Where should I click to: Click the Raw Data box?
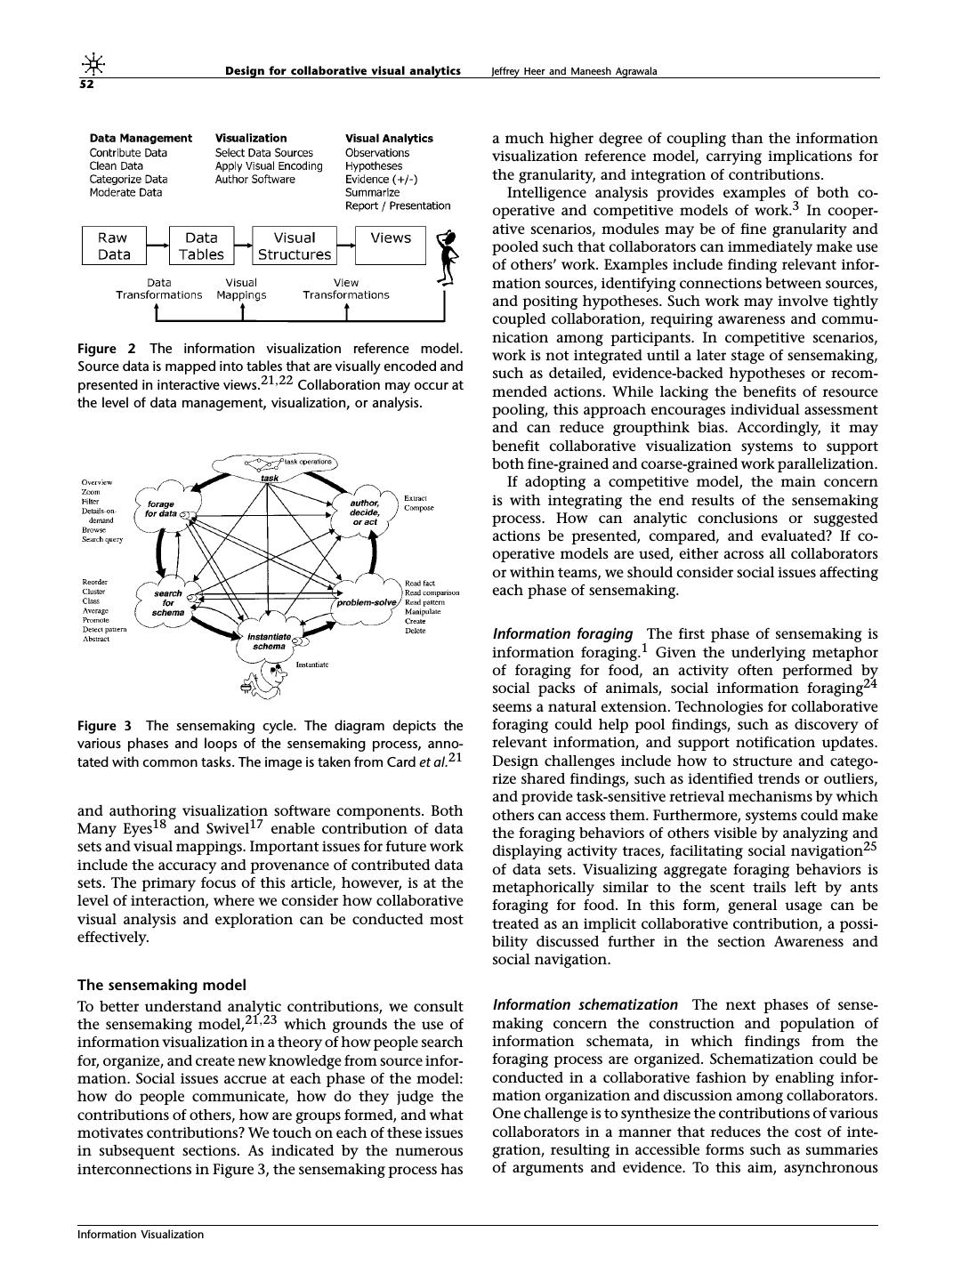click(113, 246)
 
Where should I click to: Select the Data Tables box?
click(201, 246)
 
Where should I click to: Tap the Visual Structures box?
click(295, 246)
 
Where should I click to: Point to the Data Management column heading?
click(141, 138)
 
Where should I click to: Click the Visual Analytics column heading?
click(389, 138)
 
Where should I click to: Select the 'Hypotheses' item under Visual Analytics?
click(374, 165)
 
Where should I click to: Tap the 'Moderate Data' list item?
click(126, 192)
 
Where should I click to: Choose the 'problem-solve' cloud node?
click(367, 602)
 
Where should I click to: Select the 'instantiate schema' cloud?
click(269, 641)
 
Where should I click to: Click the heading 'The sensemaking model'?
click(161, 985)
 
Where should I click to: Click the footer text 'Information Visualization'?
click(141, 1234)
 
